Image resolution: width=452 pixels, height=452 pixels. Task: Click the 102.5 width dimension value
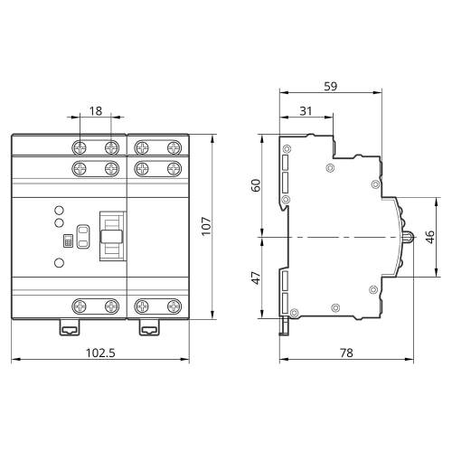[100, 353]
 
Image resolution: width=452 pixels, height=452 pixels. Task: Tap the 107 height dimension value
[206, 226]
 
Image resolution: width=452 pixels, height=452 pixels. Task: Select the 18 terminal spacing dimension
[96, 111]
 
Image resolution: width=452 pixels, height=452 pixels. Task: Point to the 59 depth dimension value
[331, 86]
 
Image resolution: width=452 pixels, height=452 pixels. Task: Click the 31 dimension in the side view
[306, 111]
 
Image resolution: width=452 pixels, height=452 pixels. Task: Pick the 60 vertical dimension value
[256, 185]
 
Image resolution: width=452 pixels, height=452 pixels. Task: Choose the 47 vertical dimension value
[256, 278]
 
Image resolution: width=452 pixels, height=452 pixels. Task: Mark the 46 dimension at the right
[430, 237]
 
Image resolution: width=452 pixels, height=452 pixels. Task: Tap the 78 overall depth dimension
[346, 353]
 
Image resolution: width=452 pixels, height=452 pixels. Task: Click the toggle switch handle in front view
[111, 236]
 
